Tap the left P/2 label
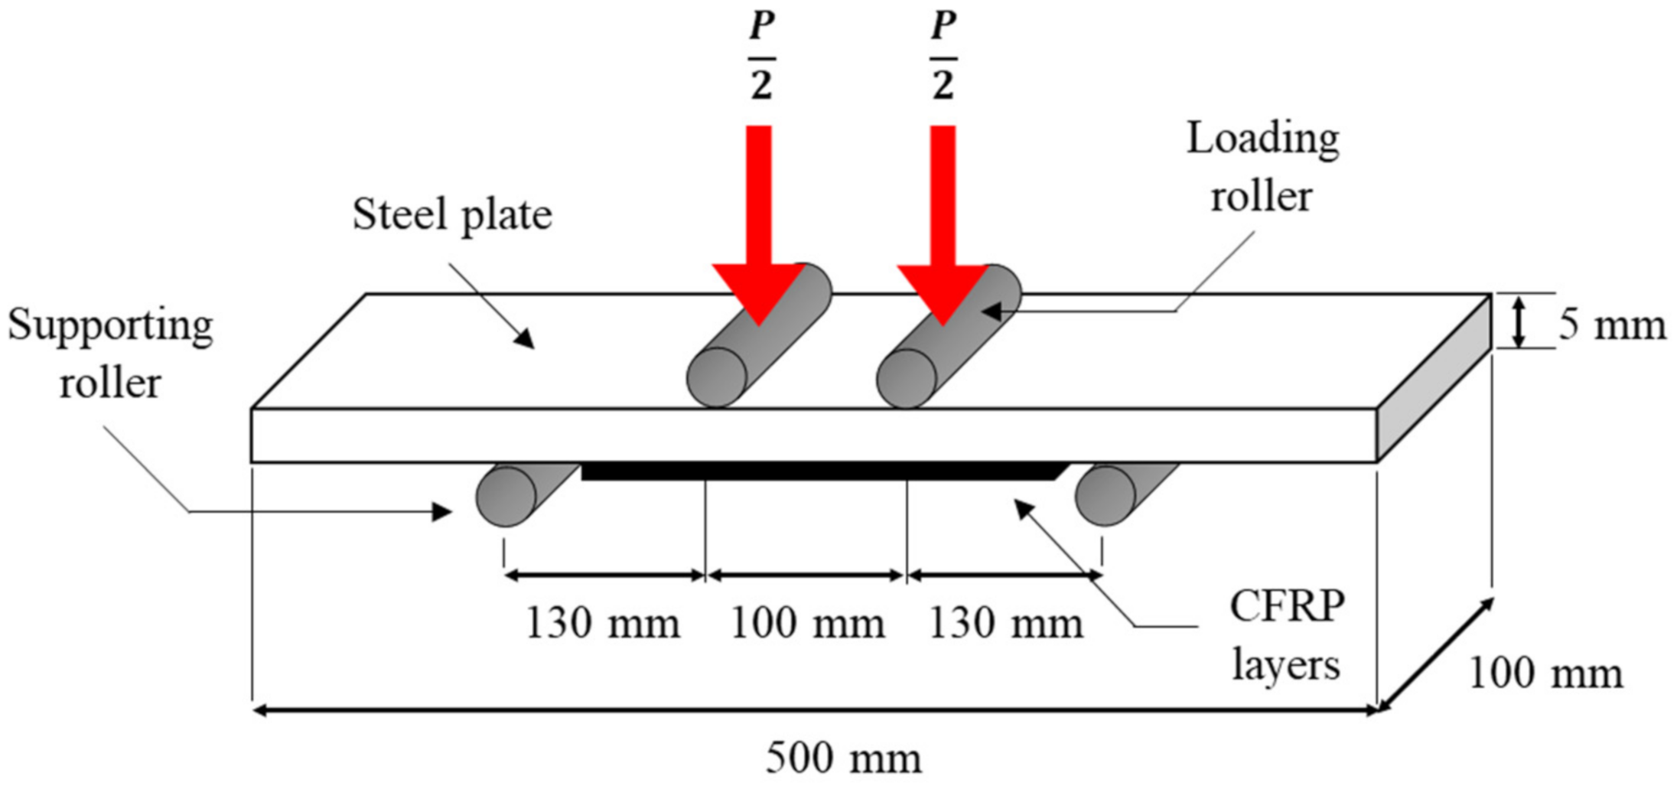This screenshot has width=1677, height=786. tap(761, 57)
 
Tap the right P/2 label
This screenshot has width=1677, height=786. tap(943, 57)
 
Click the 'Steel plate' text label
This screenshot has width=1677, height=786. tap(451, 214)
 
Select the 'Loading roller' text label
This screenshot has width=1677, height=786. tap(1262, 167)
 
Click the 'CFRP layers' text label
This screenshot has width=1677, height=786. tap(1287, 635)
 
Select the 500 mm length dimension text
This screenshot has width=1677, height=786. tap(843, 758)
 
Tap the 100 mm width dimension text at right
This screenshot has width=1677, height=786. tap(1545, 673)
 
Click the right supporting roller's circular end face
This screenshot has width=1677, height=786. tap(1105, 496)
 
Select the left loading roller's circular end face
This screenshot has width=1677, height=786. tap(717, 377)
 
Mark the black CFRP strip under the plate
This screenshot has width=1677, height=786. tap(819, 471)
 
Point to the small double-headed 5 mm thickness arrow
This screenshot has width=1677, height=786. tap(1519, 321)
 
